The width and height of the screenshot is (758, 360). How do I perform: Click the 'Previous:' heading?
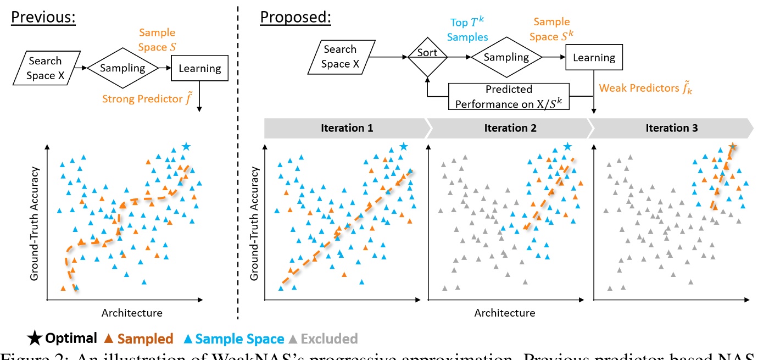[x=43, y=17]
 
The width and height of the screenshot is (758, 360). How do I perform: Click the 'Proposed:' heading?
[x=296, y=17]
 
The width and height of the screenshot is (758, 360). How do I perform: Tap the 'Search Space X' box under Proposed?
[x=339, y=57]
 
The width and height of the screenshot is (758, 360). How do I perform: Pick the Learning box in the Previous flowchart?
[x=199, y=68]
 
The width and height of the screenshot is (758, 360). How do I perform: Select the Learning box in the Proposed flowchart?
[x=594, y=57]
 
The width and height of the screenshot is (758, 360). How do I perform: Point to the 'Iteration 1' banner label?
[x=346, y=128]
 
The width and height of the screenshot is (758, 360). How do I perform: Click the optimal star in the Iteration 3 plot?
[x=732, y=146]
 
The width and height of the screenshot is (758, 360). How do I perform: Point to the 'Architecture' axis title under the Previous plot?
[x=132, y=313]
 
